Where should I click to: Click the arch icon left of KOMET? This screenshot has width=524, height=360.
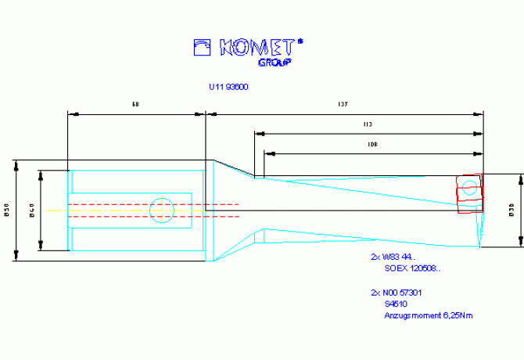pos(203,48)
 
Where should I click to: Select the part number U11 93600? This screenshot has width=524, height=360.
pos(228,87)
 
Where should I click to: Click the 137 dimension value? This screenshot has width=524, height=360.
pos(342,104)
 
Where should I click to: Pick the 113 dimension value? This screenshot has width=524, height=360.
pos(368,124)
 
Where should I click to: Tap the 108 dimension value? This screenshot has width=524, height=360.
pos(372,144)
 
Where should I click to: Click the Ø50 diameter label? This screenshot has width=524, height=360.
pos(6,210)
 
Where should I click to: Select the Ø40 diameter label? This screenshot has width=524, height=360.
pos(31,210)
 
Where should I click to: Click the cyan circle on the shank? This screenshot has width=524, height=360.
pos(161,209)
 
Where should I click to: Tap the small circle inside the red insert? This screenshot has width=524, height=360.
pos(468,188)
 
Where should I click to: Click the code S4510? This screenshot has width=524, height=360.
pos(396,304)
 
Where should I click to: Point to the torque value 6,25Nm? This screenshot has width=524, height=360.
pos(456,315)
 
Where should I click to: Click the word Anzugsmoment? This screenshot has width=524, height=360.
pos(410,315)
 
